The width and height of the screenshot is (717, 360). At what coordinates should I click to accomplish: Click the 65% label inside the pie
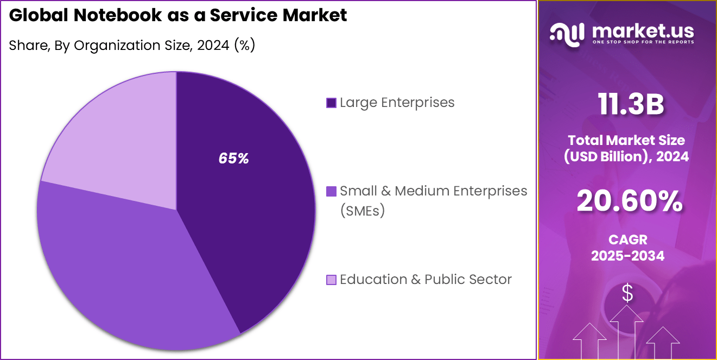pyautogui.click(x=233, y=159)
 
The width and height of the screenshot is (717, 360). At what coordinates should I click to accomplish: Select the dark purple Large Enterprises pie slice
pyautogui.click(x=255, y=217)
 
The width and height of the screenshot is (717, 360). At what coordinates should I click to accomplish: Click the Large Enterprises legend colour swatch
pyautogui.click(x=331, y=103)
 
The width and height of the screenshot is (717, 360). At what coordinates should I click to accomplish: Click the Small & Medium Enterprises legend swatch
pyautogui.click(x=331, y=191)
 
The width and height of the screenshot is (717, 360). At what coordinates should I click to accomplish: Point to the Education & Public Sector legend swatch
pyautogui.click(x=331, y=280)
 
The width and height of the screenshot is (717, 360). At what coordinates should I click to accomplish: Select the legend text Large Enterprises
pyautogui.click(x=397, y=102)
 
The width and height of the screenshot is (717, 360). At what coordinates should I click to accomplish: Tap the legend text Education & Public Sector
pyautogui.click(x=426, y=279)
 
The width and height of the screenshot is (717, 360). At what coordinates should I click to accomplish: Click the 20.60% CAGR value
pyautogui.click(x=629, y=201)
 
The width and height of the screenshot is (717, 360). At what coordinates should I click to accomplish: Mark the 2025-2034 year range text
pyautogui.click(x=627, y=256)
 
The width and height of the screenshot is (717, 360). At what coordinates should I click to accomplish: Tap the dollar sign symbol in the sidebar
pyautogui.click(x=627, y=293)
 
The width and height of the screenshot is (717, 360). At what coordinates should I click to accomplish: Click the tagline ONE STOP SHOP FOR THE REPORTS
pyautogui.click(x=643, y=42)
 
